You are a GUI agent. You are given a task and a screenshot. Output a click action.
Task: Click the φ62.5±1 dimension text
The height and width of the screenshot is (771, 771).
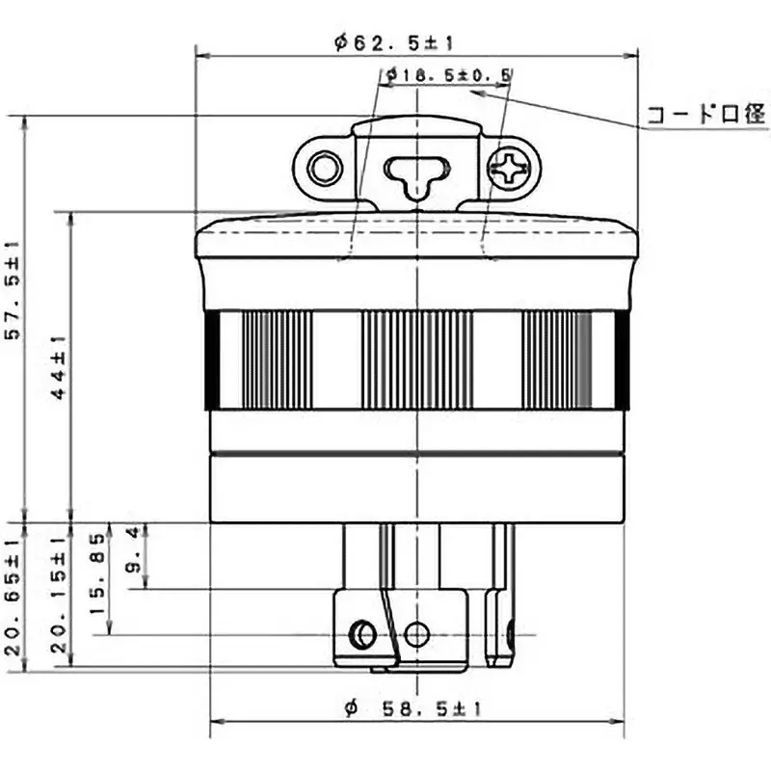[x=394, y=41]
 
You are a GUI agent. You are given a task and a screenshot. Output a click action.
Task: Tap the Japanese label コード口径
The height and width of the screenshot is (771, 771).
[x=705, y=117]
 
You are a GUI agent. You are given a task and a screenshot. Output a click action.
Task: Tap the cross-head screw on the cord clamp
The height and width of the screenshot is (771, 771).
[x=508, y=171]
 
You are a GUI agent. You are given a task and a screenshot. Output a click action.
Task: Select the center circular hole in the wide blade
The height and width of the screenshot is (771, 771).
[x=416, y=634]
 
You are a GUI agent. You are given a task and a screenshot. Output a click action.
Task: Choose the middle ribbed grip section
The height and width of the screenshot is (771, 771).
[x=416, y=360]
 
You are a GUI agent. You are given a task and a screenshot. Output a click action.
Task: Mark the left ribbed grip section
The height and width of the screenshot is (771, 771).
[x=277, y=360]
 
